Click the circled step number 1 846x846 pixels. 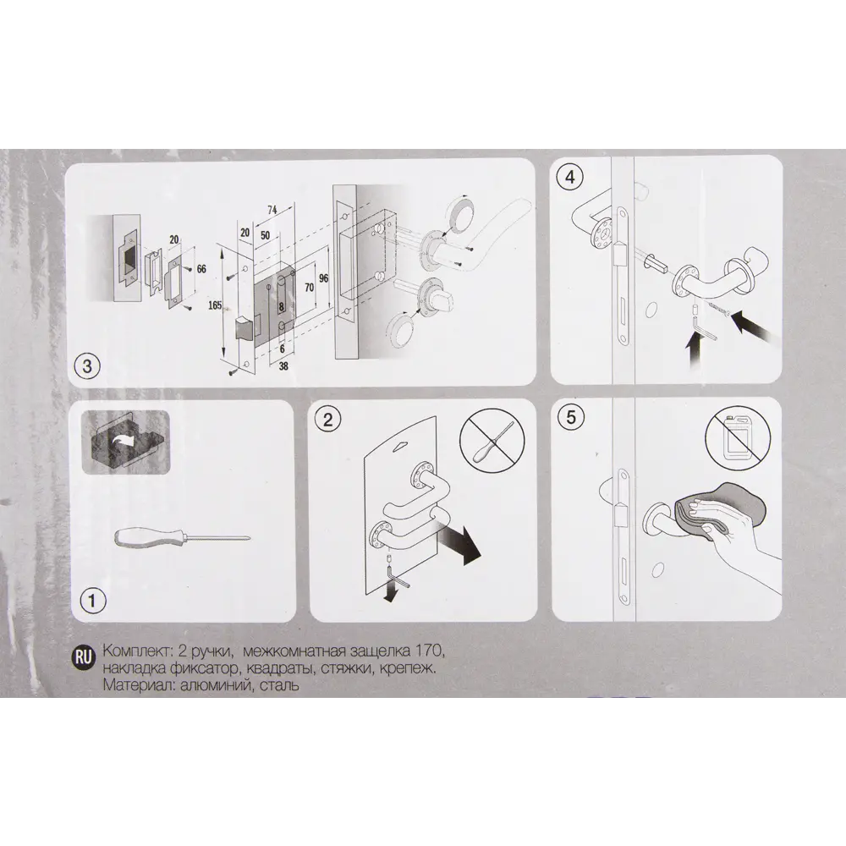pyautogui.click(x=92, y=600)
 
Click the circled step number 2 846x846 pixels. pyautogui.click(x=328, y=420)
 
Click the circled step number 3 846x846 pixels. pyautogui.click(x=87, y=366)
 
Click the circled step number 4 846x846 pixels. pyautogui.click(x=570, y=176)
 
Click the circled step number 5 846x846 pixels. pyautogui.click(x=571, y=417)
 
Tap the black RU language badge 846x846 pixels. pyautogui.click(x=83, y=657)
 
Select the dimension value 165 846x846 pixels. pyautogui.click(x=215, y=305)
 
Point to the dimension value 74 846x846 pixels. pyautogui.click(x=272, y=209)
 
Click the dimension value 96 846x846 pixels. pyautogui.click(x=324, y=278)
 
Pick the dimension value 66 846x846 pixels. pyautogui.click(x=201, y=268)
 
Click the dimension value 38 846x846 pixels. pyautogui.click(x=283, y=366)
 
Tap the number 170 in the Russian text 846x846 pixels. pyautogui.click(x=430, y=651)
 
